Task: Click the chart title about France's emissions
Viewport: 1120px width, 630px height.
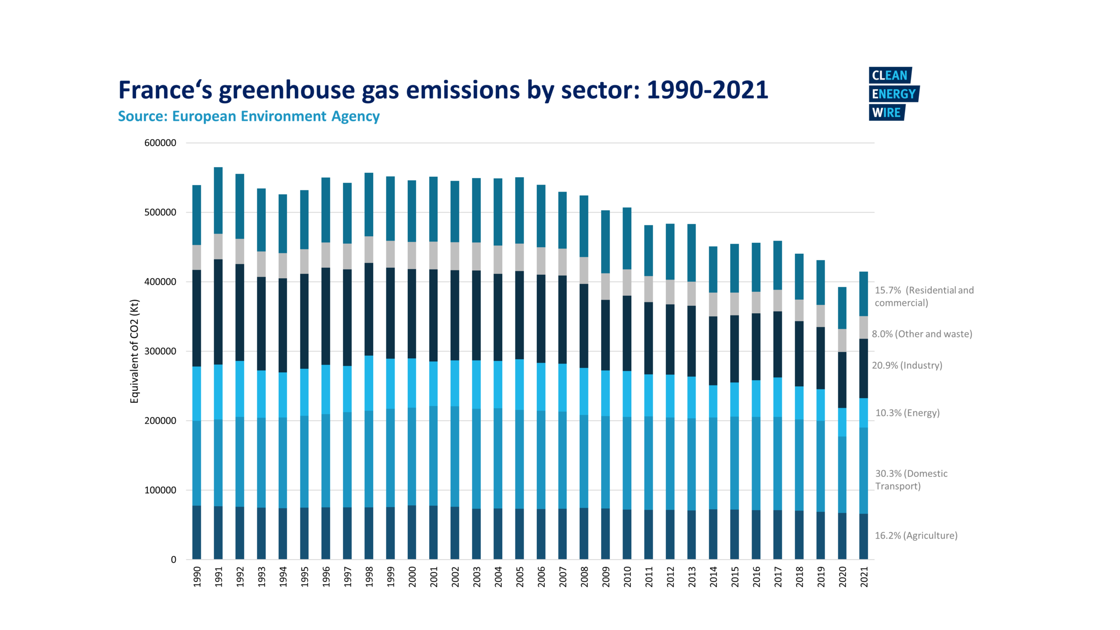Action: [443, 90]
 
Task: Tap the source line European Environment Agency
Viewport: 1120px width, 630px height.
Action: [248, 116]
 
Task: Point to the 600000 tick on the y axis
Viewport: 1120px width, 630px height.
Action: [160, 143]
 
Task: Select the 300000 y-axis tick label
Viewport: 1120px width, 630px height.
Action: [160, 351]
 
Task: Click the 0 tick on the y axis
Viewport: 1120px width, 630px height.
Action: [174, 560]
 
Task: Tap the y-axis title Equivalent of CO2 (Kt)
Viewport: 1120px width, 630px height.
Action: [134, 351]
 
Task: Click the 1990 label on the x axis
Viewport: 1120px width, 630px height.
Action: [197, 577]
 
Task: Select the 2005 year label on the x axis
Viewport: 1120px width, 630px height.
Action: [520, 577]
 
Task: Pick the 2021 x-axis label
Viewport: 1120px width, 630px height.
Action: [864, 577]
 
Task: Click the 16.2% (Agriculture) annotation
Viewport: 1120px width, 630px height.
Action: [916, 535]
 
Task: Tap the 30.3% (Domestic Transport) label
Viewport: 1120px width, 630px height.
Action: [911, 480]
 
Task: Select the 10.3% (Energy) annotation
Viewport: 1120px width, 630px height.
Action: [907, 413]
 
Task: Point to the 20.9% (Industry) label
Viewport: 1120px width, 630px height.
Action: [907, 365]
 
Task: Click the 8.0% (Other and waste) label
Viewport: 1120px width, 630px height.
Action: [922, 334]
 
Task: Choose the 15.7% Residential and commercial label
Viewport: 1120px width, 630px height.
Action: [924, 297]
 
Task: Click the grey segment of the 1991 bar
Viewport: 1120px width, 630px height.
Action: [218, 246]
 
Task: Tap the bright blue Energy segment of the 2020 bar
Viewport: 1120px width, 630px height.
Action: [842, 422]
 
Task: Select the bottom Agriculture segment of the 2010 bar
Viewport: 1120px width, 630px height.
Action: [627, 534]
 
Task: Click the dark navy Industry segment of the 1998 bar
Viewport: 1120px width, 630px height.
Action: [369, 309]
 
